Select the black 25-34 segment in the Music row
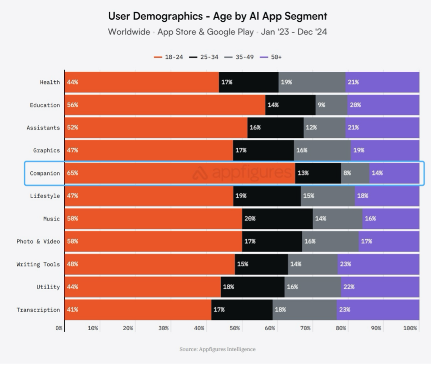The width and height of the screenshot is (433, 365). coord(277,219)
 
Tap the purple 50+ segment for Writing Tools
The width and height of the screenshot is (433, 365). coord(378,264)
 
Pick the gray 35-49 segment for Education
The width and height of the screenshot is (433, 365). coord(331,105)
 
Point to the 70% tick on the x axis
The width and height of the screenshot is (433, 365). coord(305,328)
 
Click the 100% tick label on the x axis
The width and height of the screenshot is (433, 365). coord(410,328)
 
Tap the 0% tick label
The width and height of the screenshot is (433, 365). coord(59,328)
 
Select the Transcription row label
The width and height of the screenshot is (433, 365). coord(38,310)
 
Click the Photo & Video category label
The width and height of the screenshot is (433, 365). coord(38,241)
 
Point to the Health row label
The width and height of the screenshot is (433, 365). coord(49,82)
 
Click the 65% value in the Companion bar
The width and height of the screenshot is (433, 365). coord(72,173)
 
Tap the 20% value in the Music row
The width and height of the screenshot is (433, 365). coord(250,219)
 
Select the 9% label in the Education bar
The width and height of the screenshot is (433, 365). coord(321,105)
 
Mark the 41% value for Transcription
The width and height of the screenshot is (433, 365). coord(72,310)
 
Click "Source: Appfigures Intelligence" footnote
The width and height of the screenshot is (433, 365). coord(218,349)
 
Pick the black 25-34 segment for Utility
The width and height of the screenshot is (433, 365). coord(252,287)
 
